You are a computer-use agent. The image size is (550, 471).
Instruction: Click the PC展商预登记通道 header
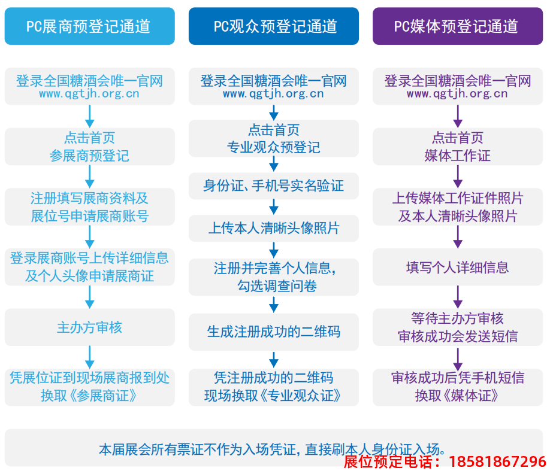tap(89, 26)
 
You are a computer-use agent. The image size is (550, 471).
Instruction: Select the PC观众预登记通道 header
tap(274, 26)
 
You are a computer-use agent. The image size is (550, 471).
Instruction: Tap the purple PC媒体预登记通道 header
tap(458, 26)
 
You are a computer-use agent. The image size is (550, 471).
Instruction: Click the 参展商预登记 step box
tap(89, 147)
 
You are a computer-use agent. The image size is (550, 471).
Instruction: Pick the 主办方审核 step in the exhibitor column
tap(89, 327)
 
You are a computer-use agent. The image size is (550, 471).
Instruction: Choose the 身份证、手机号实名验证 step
tap(274, 186)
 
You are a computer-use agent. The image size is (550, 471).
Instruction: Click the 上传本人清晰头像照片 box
tap(274, 228)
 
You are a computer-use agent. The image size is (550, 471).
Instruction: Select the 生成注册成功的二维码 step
tap(274, 331)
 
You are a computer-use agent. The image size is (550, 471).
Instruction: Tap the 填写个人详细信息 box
tap(458, 267)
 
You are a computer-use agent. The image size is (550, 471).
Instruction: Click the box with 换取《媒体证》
tap(458, 387)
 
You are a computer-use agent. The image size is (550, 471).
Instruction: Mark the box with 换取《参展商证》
tap(89, 387)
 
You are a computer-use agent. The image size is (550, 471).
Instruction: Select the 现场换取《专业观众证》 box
tap(274, 387)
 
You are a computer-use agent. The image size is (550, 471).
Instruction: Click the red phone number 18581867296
tap(497, 461)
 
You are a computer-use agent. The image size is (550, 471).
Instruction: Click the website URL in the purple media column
tap(457, 94)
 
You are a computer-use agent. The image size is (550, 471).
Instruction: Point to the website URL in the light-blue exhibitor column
tap(89, 94)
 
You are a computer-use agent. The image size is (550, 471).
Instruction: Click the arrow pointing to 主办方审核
tap(90, 296)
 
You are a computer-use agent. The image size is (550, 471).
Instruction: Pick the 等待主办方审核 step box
tap(458, 327)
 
